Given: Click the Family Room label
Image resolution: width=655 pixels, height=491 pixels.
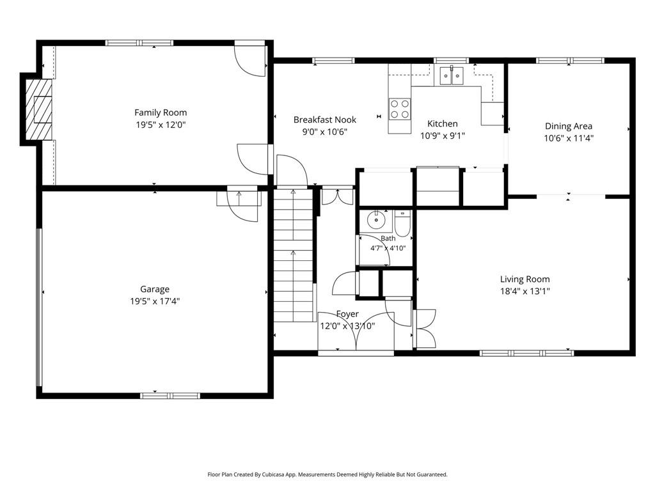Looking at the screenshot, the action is click(x=161, y=113).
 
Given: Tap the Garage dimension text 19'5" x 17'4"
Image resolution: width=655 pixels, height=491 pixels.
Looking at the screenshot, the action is click(x=155, y=301).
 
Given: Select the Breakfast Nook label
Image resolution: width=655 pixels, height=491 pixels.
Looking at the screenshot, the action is click(x=324, y=120).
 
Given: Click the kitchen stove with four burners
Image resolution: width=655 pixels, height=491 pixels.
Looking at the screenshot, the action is click(x=399, y=109).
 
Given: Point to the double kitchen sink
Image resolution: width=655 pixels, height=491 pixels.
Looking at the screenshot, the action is click(x=452, y=75).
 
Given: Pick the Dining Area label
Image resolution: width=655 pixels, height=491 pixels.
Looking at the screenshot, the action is click(x=569, y=126).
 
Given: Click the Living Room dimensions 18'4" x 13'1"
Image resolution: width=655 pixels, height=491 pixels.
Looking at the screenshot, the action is click(x=525, y=292).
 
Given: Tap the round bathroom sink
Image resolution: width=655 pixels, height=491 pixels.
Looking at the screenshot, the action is click(x=376, y=221).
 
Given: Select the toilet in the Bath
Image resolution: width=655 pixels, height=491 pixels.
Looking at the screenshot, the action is click(x=402, y=223).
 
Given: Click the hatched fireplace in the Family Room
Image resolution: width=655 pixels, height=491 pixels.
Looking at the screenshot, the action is click(x=39, y=109).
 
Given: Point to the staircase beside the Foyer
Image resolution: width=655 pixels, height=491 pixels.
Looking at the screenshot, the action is click(x=293, y=255).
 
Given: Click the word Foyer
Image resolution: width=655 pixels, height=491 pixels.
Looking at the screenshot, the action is click(x=347, y=314).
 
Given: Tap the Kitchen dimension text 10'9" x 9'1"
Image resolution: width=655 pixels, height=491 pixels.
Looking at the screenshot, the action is click(x=443, y=136).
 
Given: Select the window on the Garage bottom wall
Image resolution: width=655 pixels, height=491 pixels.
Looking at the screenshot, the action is click(x=170, y=395).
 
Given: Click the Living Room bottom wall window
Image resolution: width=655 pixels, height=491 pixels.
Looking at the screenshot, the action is click(x=526, y=353).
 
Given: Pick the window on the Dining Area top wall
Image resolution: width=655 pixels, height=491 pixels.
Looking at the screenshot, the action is click(x=570, y=61).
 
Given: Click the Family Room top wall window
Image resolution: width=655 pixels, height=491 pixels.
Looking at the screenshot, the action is click(x=139, y=43).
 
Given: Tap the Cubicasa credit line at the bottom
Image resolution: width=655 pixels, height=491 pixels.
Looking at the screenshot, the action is click(x=327, y=474).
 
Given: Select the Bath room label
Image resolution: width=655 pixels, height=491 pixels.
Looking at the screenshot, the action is click(x=388, y=238).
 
